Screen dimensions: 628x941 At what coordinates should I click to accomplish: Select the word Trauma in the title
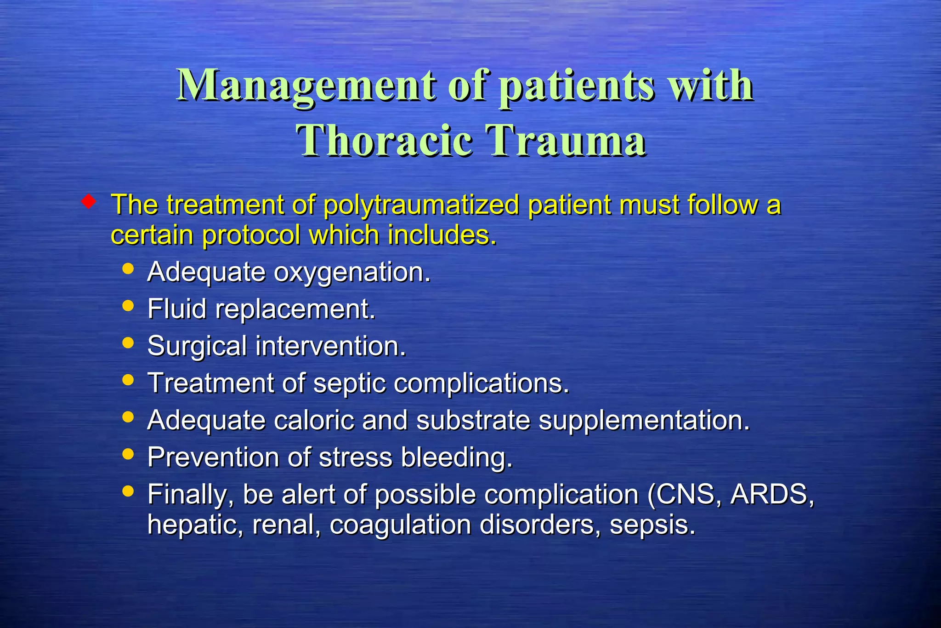566,141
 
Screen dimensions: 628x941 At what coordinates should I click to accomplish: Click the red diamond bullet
88,201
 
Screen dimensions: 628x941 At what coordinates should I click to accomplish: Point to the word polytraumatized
421,205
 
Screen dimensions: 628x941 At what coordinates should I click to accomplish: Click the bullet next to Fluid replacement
128,306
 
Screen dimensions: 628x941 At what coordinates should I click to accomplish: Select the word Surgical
197,347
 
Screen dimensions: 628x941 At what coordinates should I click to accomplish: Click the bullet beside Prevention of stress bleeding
128,454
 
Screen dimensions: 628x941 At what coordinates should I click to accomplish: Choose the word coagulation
400,525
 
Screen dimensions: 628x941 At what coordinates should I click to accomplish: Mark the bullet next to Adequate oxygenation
128,268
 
